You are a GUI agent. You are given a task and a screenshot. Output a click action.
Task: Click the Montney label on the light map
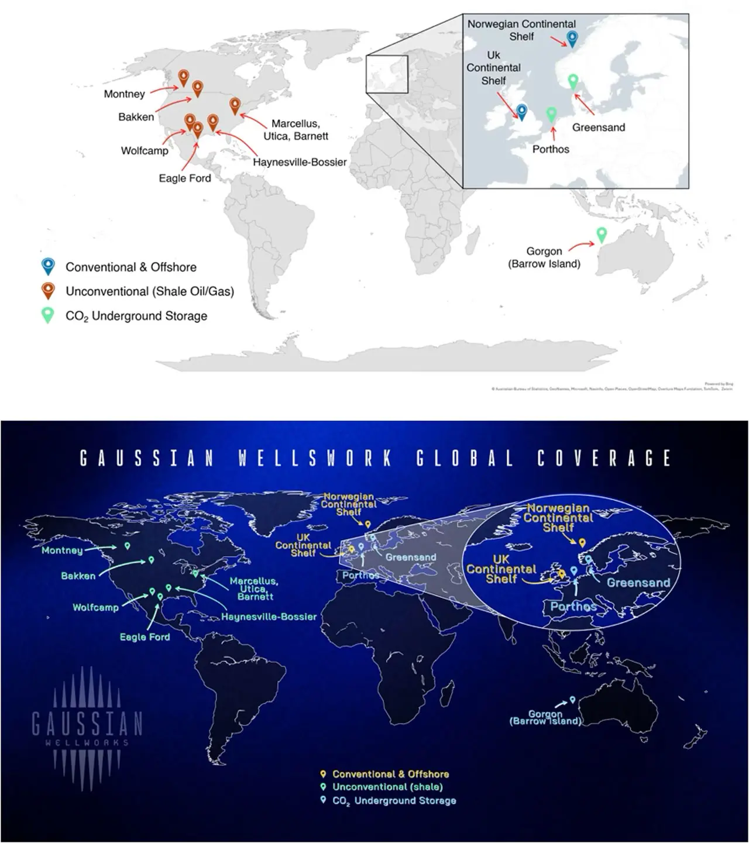(124, 94)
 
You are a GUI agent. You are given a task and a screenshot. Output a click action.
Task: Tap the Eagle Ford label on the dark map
(145, 637)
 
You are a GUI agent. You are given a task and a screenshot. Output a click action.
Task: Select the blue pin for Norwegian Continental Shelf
(572, 39)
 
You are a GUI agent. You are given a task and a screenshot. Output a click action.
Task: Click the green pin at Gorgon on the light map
(601, 234)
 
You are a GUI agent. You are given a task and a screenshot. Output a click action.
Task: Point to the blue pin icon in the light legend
(48, 266)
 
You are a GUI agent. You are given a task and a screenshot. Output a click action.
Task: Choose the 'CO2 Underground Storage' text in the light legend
(136, 316)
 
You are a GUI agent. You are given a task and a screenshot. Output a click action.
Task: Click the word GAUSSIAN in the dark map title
(147, 458)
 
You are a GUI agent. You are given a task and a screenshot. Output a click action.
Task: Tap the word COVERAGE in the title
(603, 458)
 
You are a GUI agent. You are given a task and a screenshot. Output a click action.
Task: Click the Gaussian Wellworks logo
(87, 725)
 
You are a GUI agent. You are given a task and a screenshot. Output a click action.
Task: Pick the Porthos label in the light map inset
(551, 149)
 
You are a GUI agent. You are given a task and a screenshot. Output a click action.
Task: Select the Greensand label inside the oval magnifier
(638, 583)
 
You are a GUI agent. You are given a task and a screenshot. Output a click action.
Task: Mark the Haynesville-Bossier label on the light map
(300, 162)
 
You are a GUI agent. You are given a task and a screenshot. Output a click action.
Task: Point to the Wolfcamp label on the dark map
(95, 607)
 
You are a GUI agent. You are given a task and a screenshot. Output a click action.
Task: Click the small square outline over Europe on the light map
(387, 74)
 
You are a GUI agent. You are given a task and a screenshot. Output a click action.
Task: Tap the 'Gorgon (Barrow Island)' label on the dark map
(545, 718)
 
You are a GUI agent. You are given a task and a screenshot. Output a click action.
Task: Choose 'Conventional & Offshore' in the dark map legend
(390, 774)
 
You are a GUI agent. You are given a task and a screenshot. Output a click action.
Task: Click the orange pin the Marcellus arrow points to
(235, 105)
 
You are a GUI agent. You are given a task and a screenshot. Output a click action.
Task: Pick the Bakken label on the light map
(136, 117)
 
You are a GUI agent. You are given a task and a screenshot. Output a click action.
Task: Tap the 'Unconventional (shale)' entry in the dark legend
(387, 787)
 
